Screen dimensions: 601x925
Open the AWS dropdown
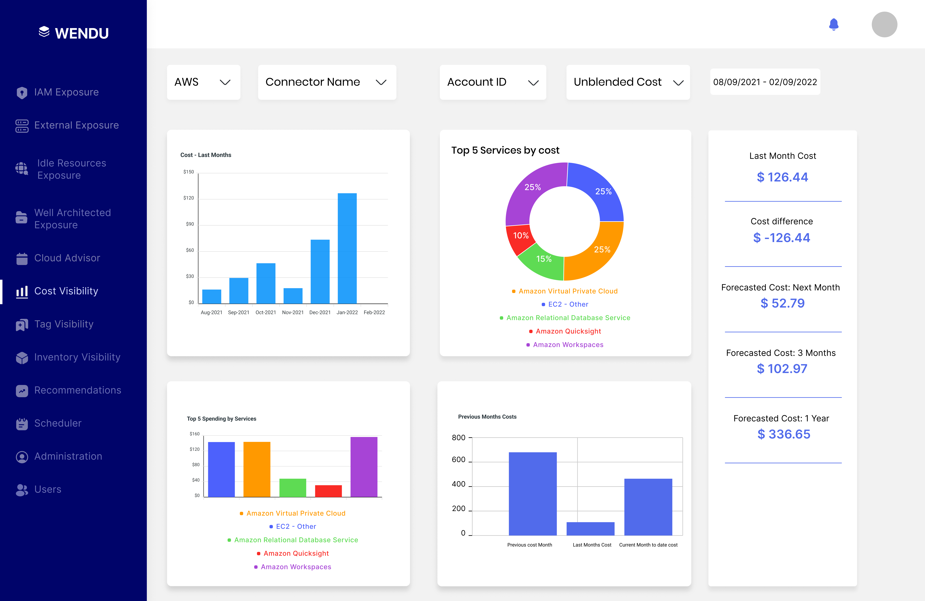[x=203, y=82]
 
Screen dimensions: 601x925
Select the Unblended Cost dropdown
[x=628, y=82]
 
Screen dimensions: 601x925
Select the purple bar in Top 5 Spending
[x=364, y=467]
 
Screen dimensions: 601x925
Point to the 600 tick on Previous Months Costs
[x=459, y=460]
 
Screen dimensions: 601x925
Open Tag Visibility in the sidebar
[x=64, y=324]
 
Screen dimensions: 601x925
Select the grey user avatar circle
[x=884, y=24]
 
